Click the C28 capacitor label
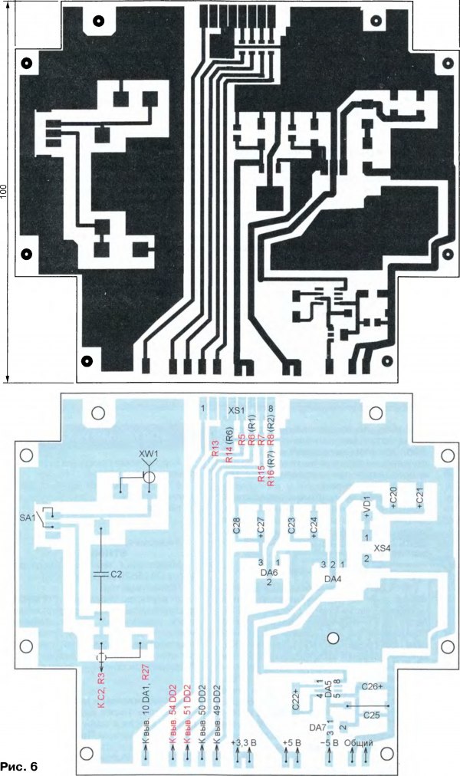tap(236, 526)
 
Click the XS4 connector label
tap(382, 550)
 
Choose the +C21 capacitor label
tap(419, 496)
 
